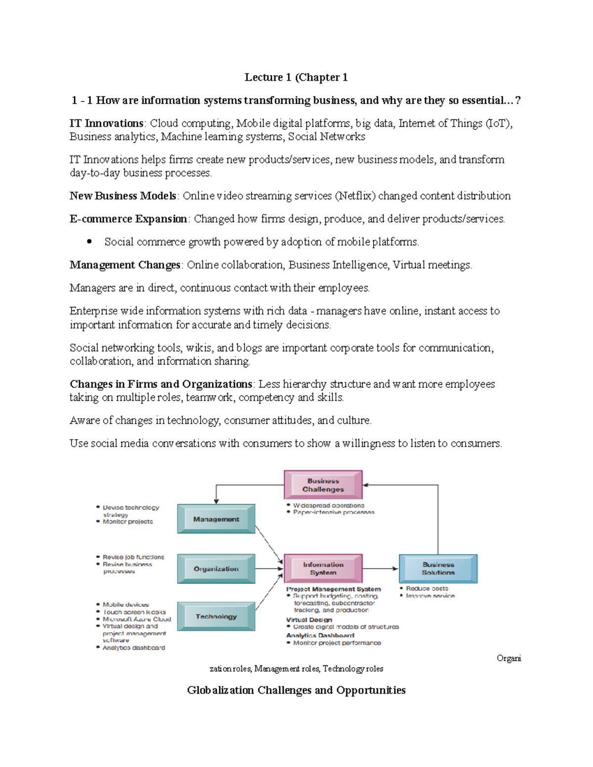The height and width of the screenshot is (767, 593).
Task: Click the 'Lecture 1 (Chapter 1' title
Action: [296, 78]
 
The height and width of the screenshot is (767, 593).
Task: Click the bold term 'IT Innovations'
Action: [106, 123]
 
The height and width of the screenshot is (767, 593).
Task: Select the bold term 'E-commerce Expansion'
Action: [128, 219]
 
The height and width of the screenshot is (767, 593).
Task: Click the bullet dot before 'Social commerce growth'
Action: [89, 242]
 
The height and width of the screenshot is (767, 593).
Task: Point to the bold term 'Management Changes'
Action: [125, 265]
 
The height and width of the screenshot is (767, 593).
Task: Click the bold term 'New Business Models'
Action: [123, 196]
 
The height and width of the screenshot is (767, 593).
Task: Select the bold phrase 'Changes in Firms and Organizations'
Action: [161, 384]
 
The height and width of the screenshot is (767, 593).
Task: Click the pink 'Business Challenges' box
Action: [323, 485]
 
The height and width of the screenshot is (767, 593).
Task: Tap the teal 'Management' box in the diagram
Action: [216, 519]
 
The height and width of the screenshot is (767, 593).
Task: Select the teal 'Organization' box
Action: [216, 569]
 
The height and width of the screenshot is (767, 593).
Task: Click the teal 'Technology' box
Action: [216, 616]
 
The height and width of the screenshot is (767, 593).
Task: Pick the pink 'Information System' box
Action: [323, 568]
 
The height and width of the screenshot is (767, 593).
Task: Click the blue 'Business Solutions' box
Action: [438, 568]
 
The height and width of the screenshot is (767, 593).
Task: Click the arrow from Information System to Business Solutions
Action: [381, 569]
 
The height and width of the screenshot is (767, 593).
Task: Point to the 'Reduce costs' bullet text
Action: [427, 589]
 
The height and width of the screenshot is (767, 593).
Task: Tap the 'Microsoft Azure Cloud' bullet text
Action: [136, 619]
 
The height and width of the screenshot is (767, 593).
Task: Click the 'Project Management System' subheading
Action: [334, 589]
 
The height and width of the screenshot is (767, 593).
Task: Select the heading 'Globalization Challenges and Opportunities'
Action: [296, 690]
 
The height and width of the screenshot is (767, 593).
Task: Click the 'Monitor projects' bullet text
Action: [127, 522]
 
